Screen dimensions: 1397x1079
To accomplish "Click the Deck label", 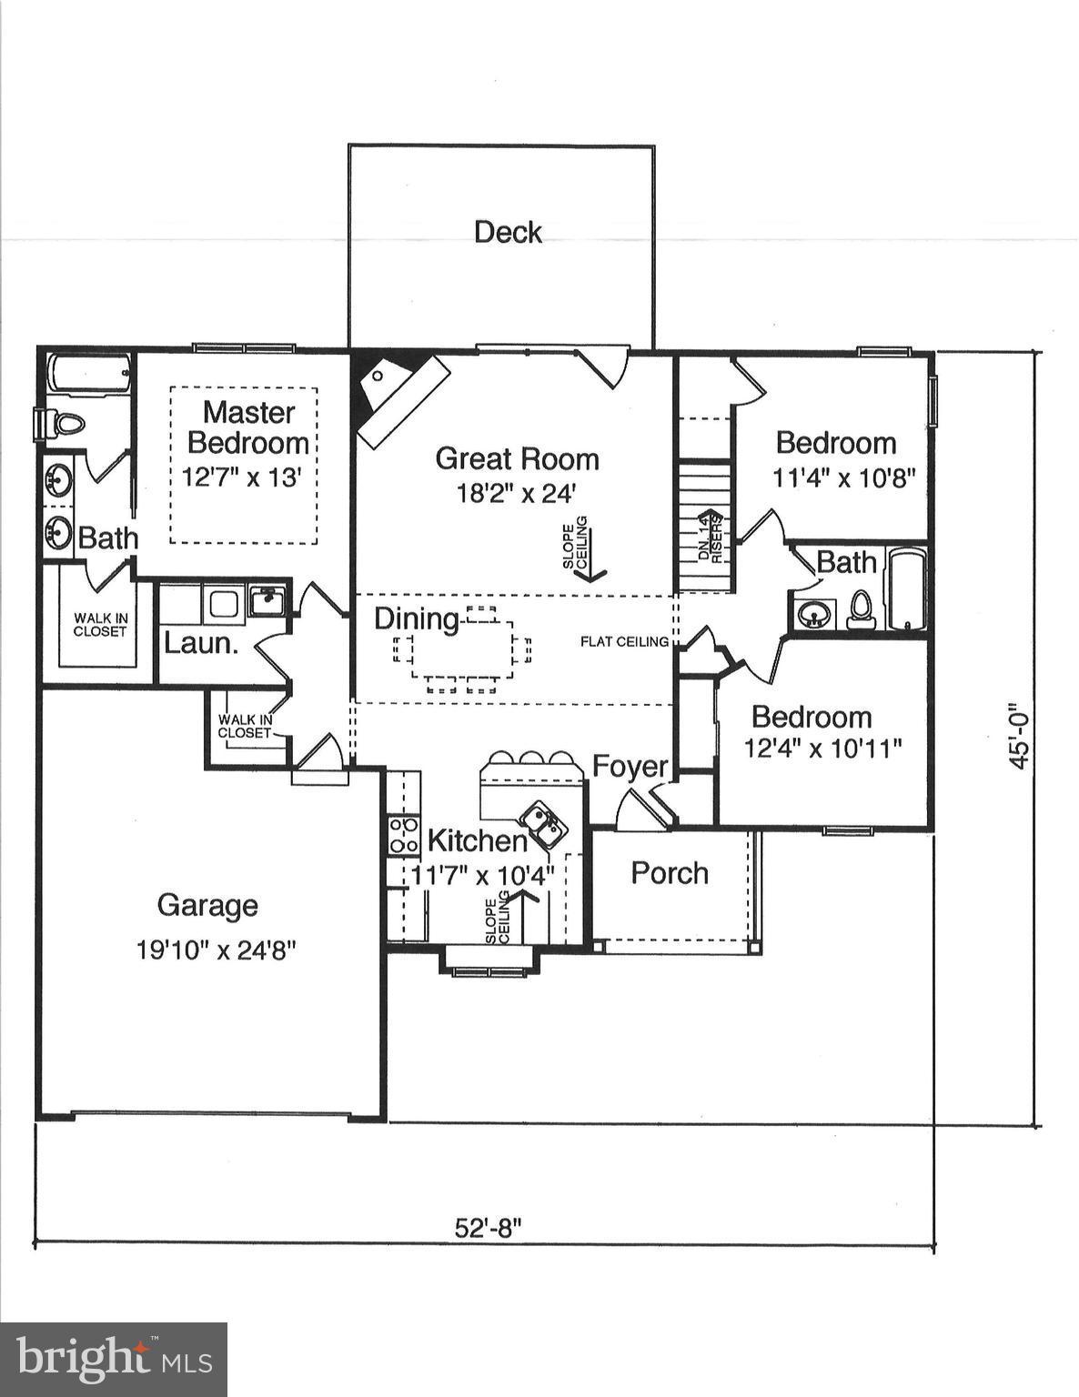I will pos(508,233).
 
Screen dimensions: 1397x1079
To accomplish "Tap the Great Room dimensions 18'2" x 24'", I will pos(517,494).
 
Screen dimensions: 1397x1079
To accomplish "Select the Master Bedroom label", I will pos(247,427).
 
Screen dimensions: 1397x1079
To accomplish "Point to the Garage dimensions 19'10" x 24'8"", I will pos(217,950).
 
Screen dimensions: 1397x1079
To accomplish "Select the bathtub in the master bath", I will pos(90,375).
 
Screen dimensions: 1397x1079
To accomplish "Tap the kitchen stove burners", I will pos(403,835).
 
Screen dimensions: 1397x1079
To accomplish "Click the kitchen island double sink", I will pos(544,825).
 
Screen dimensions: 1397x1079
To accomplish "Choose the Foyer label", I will pos(630,767).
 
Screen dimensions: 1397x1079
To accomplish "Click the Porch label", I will pos(670,873).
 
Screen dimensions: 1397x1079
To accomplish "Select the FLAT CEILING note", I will pos(624,642).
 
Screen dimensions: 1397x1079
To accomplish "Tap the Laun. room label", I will pos(201,643).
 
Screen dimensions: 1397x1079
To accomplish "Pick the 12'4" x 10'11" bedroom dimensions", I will pos(822,749).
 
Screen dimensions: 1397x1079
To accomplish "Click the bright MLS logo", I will pos(113,1360).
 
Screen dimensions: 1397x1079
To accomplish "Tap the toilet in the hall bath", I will pos(860,611).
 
